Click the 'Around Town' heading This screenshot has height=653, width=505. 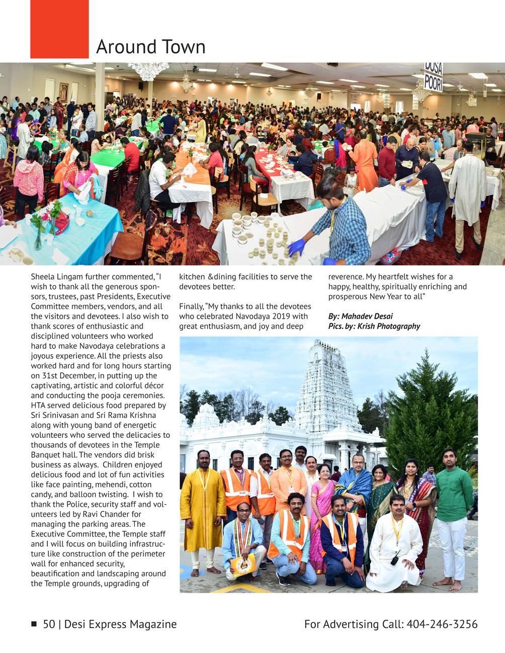tap(150, 47)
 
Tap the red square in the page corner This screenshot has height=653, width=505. tap(59, 29)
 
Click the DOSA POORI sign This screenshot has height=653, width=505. tap(433, 76)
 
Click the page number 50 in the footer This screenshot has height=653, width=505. tap(49, 624)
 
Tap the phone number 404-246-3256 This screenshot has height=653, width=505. tap(442, 624)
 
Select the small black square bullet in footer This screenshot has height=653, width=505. tap(34, 624)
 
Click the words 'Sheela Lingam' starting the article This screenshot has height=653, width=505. tap(55, 277)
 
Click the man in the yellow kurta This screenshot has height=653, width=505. tap(203, 503)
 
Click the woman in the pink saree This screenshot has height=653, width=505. tap(322, 508)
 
